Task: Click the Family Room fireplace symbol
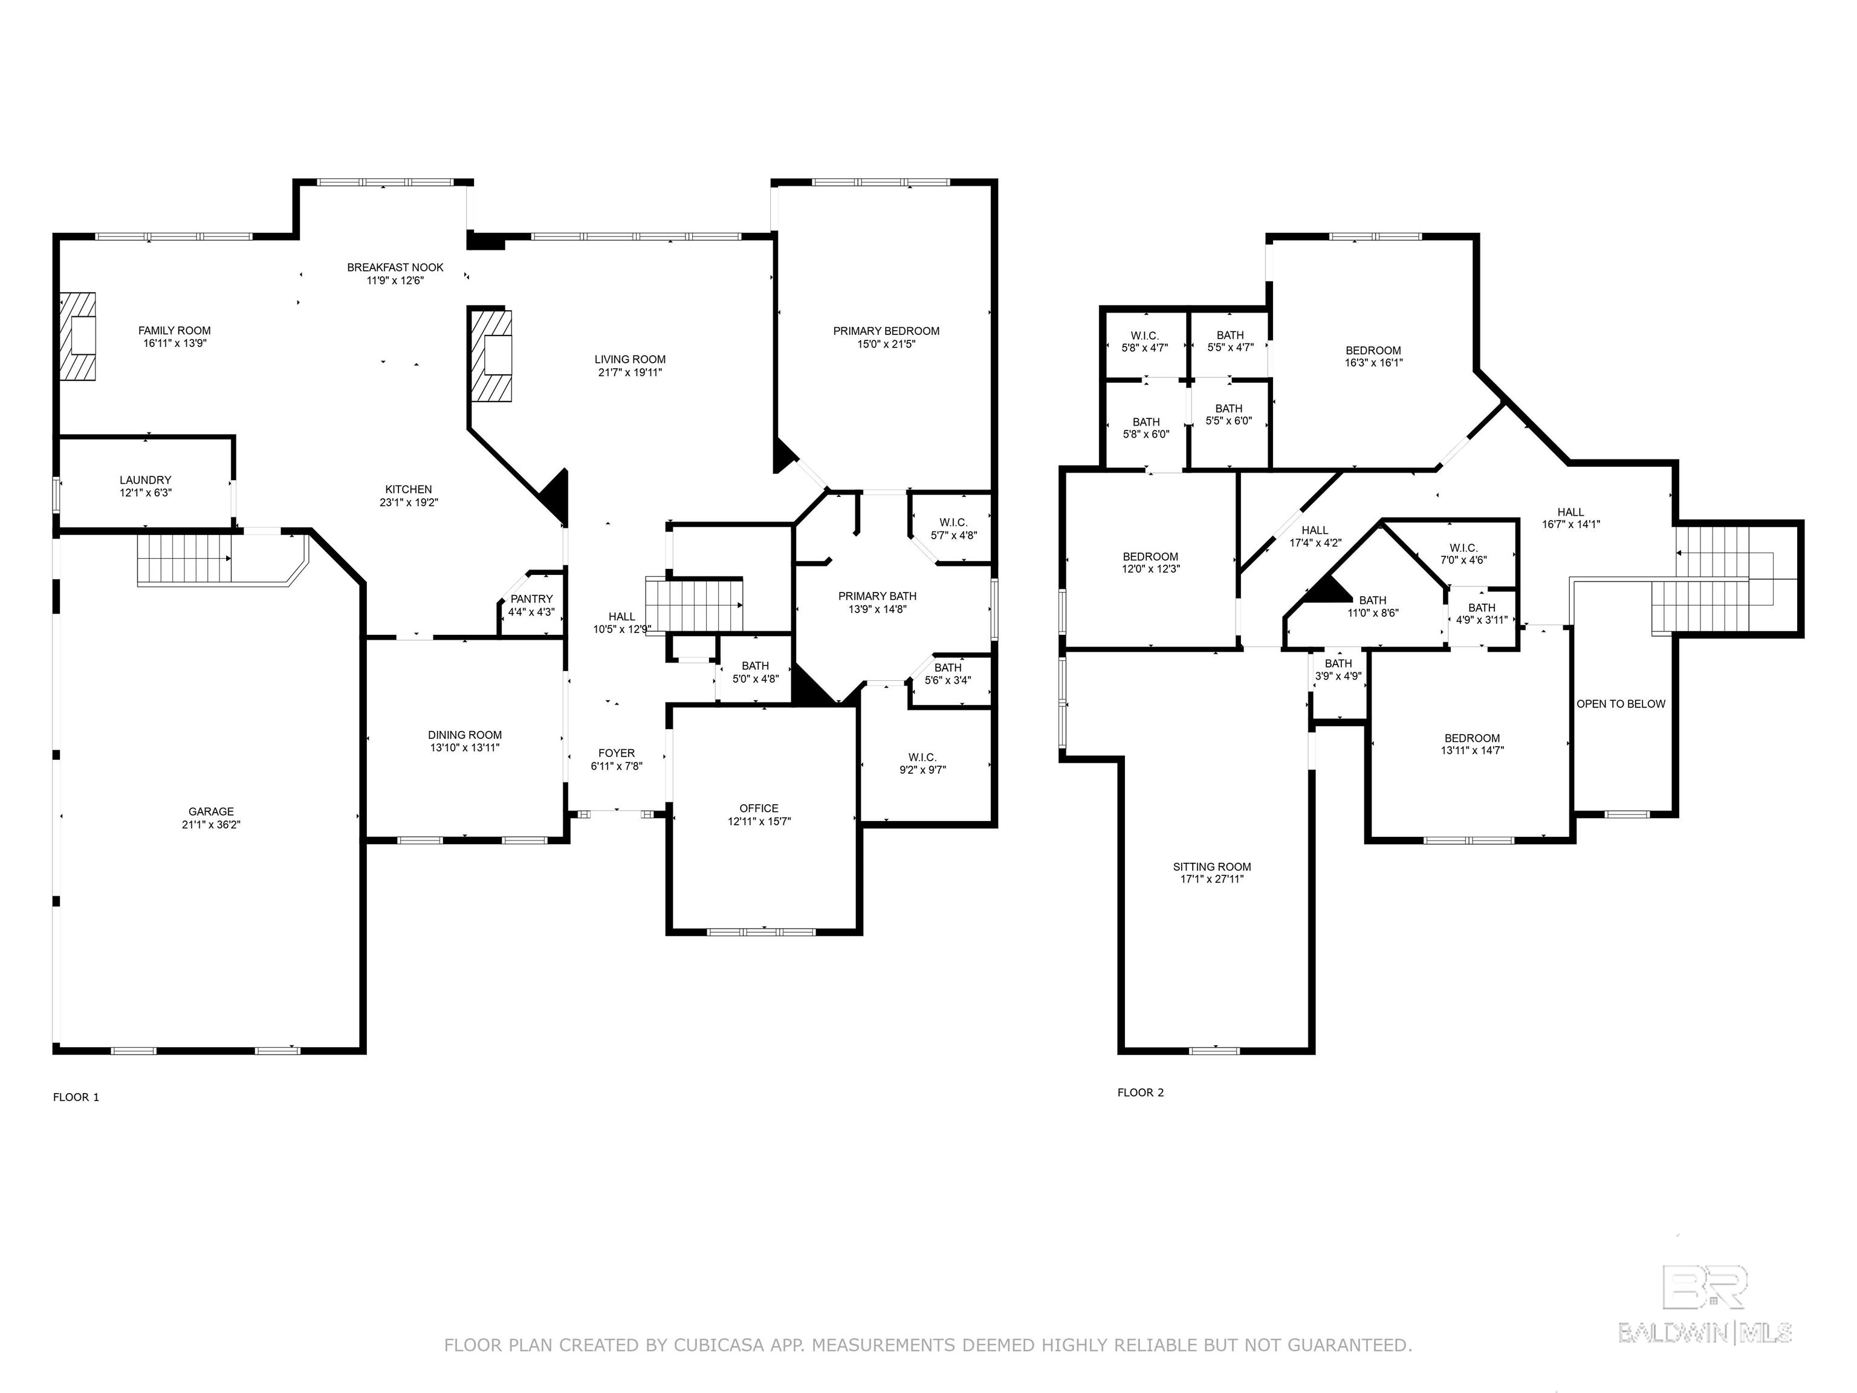click(76, 336)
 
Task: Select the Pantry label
click(531, 599)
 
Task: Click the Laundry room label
click(145, 480)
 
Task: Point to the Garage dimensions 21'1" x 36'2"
click(211, 825)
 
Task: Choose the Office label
click(759, 808)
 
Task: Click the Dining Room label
click(465, 735)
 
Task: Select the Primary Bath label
click(877, 596)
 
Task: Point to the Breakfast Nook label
click(395, 267)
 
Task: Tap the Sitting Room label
click(1212, 866)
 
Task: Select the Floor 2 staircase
click(1713, 579)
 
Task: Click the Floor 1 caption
click(76, 1097)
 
